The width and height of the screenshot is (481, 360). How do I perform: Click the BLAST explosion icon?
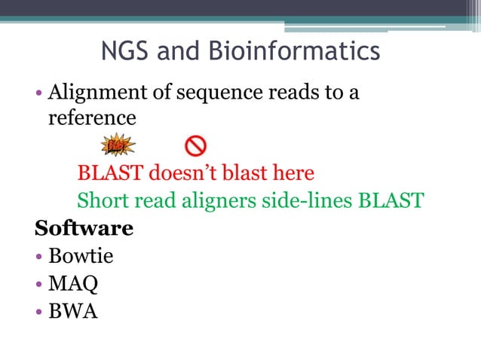click(118, 145)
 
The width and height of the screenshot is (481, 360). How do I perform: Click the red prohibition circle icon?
click(196, 145)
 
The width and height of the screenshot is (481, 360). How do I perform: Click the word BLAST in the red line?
click(110, 173)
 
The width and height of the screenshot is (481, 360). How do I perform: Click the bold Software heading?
click(84, 228)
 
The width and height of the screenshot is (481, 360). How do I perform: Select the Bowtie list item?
click(81, 256)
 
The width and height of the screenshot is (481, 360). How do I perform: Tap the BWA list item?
click(73, 310)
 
